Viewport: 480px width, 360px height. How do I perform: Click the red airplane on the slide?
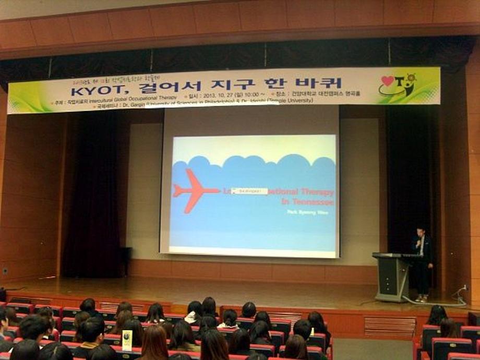click(194, 190)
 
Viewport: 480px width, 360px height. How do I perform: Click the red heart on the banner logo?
click(388, 81)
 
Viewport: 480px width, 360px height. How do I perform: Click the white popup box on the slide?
click(249, 191)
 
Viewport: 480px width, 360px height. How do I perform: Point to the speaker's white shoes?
click(421, 299)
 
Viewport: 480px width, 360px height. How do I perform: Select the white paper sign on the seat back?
click(127, 340)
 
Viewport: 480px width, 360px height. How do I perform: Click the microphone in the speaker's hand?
click(417, 243)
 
